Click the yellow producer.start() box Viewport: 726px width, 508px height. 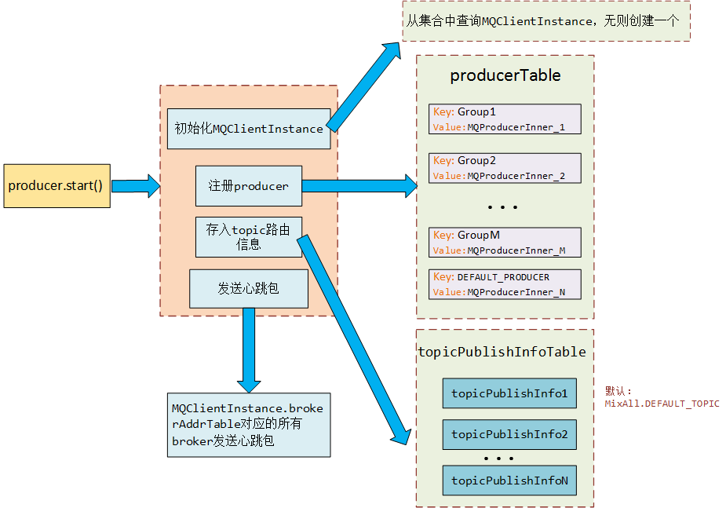(57, 186)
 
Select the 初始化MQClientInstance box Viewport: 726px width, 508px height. (249, 129)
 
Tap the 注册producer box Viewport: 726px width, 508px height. (248, 186)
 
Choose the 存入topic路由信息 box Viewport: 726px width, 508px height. (248, 237)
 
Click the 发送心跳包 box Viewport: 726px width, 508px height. (248, 289)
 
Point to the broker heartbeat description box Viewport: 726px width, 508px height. (248, 425)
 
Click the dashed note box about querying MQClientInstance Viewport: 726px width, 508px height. (545, 22)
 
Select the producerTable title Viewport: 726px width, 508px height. (505, 76)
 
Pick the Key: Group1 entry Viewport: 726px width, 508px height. (505, 119)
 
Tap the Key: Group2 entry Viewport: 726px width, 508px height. (505, 168)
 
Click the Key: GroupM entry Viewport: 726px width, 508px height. (505, 243)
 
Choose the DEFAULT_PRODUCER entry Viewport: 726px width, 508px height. (505, 284)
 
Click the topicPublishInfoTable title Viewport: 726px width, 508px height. (502, 352)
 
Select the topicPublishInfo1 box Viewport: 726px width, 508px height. (509, 393)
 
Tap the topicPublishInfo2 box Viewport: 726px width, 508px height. (509, 434)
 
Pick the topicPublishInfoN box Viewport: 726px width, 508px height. (509, 481)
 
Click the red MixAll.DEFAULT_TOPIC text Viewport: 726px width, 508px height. (662, 404)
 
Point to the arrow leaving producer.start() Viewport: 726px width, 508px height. (135, 186)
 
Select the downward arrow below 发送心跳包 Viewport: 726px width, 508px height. (249, 349)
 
